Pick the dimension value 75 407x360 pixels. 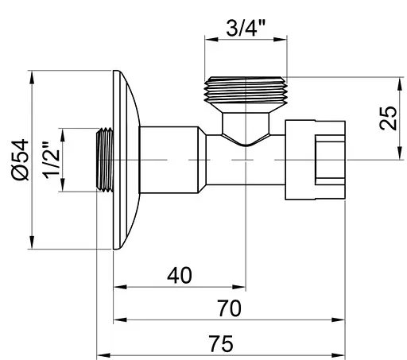tap(223, 343)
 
